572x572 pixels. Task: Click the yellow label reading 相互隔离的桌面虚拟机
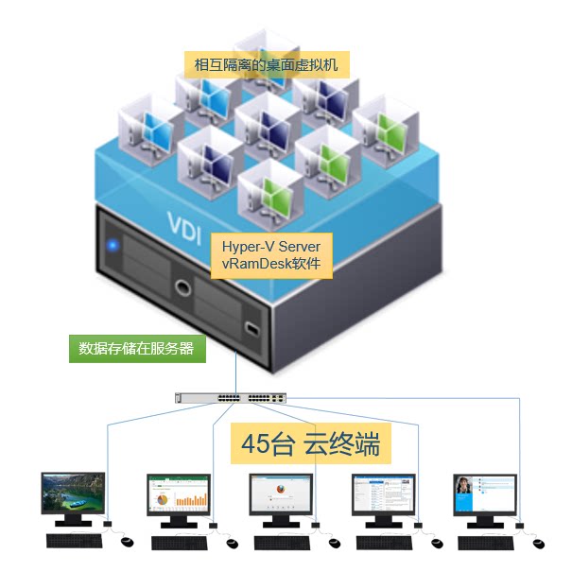[x=266, y=65]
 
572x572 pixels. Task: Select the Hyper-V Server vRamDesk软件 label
[x=270, y=255]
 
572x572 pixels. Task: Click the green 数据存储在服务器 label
[x=136, y=348]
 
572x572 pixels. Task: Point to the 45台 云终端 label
[x=311, y=443]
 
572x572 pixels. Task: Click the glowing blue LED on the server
[x=113, y=246]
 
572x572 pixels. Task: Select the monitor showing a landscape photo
[x=73, y=494]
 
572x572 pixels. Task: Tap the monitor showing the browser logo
[x=280, y=494]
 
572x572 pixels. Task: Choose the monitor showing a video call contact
[x=485, y=494]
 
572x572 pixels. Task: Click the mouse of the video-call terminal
[x=538, y=543]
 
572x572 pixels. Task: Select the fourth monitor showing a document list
[x=383, y=494]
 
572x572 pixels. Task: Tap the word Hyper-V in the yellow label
[x=243, y=246]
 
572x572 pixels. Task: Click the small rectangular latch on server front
[x=251, y=329]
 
